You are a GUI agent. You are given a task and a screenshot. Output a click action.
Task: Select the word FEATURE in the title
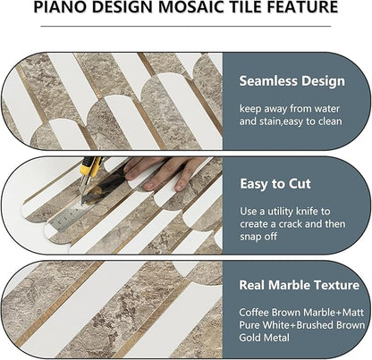tap(305, 8)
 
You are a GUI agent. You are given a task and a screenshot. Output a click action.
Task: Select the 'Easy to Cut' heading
tap(275, 183)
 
